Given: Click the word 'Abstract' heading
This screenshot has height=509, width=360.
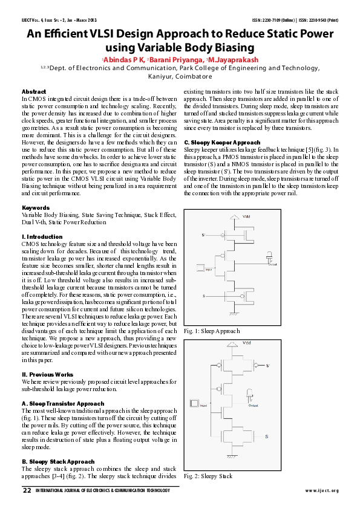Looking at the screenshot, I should click(x=34, y=91).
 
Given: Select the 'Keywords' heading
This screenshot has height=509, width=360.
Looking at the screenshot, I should click(x=35, y=207).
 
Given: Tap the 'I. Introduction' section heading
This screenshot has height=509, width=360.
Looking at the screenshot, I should click(x=42, y=236).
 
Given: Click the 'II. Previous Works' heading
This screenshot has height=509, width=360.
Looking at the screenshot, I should click(x=47, y=374).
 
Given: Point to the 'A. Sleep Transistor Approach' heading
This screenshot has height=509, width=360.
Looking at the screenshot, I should click(x=62, y=403).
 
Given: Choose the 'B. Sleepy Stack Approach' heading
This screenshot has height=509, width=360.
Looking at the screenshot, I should click(x=58, y=461).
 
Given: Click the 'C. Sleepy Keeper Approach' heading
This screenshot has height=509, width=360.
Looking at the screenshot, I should click(x=222, y=142).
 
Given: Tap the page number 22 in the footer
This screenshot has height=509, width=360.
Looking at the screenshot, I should click(x=27, y=490).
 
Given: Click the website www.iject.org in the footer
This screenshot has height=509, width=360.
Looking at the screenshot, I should click(x=322, y=490).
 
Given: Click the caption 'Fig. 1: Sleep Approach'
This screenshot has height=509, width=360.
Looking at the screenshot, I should click(x=213, y=331).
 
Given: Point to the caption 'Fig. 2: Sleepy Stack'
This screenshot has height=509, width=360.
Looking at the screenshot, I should click(x=209, y=476).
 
